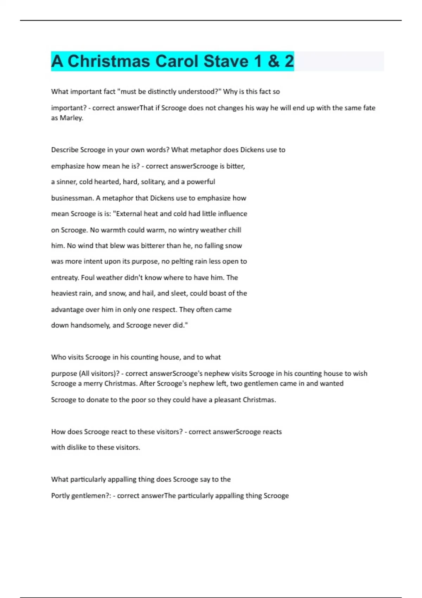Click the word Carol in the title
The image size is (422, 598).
(177, 61)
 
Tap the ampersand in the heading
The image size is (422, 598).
(273, 61)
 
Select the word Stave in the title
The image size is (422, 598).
(226, 61)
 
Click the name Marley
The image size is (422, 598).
(71, 118)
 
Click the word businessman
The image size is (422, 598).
(72, 198)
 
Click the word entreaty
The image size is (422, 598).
(65, 278)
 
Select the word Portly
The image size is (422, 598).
(60, 496)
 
